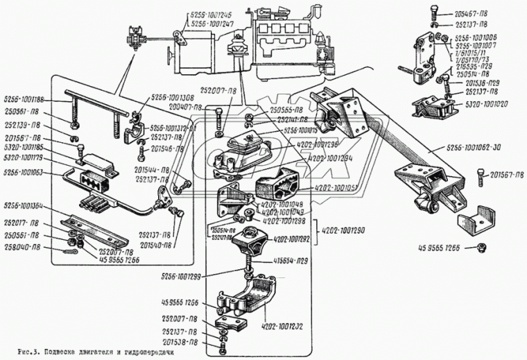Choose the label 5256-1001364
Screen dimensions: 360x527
point(27,205)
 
